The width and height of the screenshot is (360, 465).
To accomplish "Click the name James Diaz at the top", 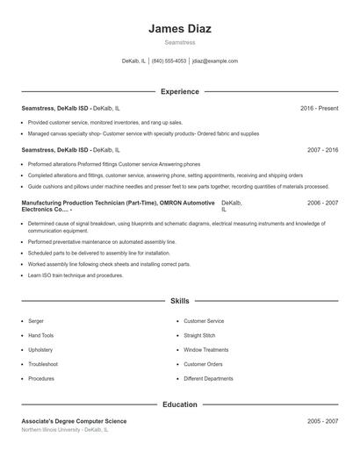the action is (180, 29).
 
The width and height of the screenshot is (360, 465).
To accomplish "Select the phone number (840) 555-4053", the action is (169, 61).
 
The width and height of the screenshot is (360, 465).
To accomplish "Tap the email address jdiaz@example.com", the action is (215, 61).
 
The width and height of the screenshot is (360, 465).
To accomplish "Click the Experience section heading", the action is (180, 91).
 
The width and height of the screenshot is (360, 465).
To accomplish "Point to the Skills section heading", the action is (180, 301).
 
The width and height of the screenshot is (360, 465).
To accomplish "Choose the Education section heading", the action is (180, 405).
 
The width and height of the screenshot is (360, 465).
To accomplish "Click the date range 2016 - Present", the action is (319, 108).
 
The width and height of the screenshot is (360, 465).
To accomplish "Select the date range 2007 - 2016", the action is (322, 150).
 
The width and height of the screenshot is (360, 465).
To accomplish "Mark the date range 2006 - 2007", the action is (322, 203).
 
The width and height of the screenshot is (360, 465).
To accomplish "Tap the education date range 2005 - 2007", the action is (322, 421).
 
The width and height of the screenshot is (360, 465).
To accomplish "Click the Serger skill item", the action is (36, 321).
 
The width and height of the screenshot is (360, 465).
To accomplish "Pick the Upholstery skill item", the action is (40, 350).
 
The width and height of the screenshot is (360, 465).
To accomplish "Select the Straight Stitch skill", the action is (200, 335).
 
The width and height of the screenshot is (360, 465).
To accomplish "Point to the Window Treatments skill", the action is (205, 350).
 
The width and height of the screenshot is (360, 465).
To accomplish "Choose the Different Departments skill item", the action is (208, 379).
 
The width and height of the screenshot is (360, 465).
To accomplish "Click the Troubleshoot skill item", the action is (43, 364).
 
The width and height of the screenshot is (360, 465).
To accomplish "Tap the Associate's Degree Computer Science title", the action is (74, 421).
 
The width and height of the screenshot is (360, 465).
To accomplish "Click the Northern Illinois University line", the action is (65, 430).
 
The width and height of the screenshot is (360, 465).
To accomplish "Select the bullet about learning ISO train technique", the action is (76, 275).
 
